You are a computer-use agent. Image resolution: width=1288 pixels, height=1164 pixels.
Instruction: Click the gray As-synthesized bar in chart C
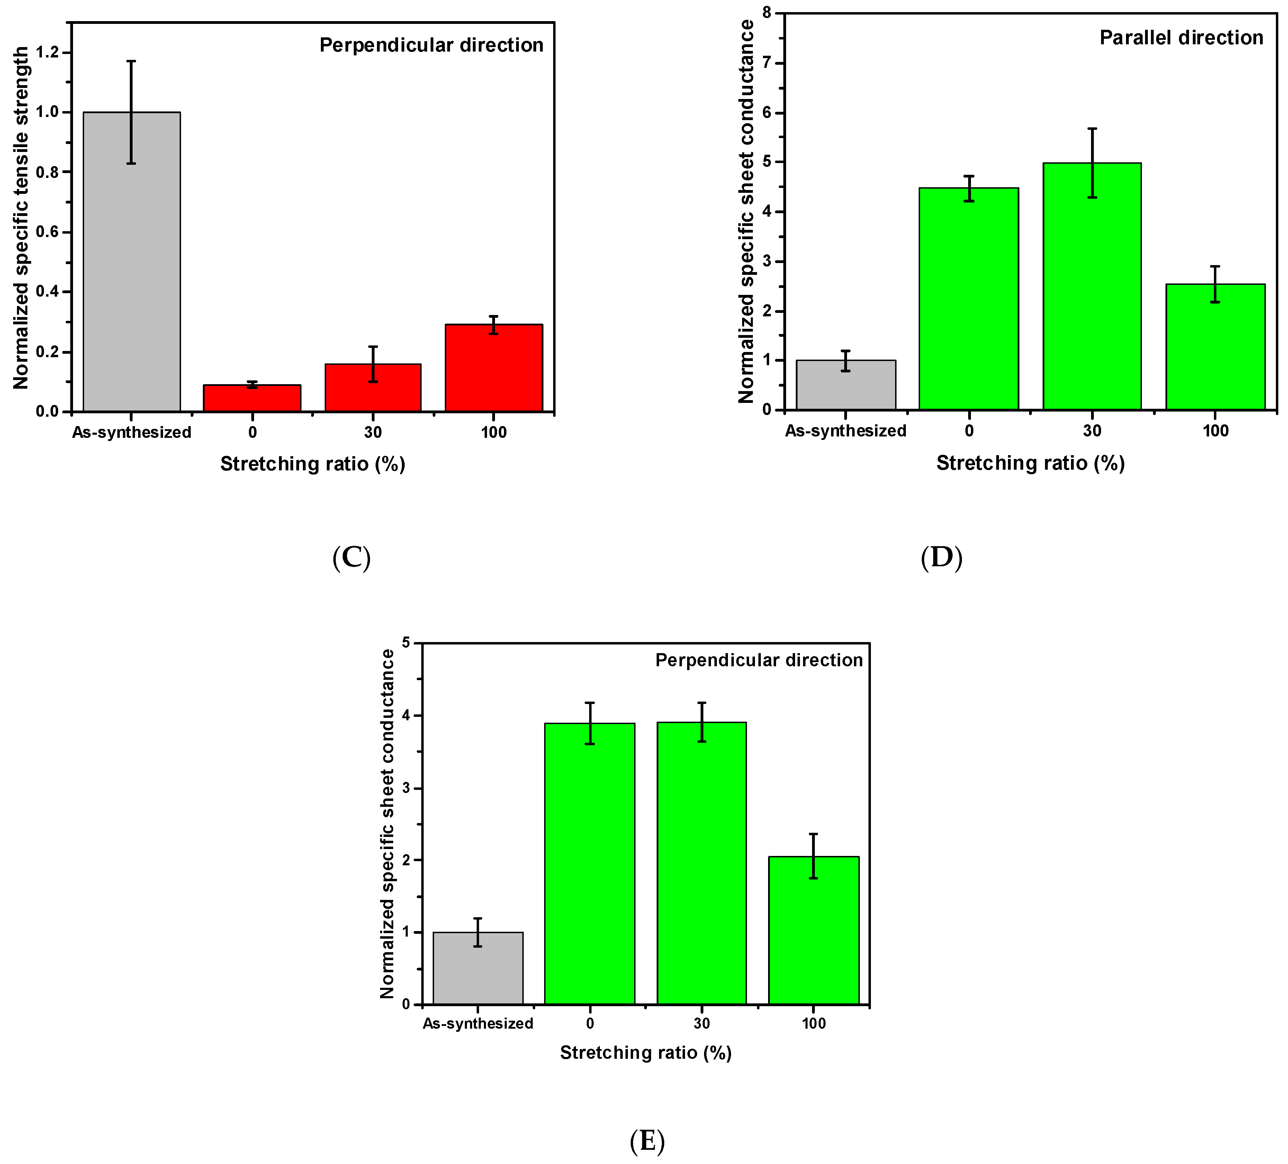pyautogui.click(x=132, y=262)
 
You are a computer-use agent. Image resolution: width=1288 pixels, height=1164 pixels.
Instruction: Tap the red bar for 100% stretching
pyautogui.click(x=494, y=368)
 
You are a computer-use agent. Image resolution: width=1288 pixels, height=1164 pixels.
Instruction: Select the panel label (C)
pyautogui.click(x=351, y=558)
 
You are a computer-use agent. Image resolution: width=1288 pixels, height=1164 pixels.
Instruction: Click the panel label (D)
pyautogui.click(x=941, y=558)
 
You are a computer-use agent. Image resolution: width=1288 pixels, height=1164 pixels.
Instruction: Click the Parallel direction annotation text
pyautogui.click(x=1181, y=38)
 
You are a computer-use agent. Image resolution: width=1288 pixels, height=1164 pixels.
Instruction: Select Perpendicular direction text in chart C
pyautogui.click(x=431, y=45)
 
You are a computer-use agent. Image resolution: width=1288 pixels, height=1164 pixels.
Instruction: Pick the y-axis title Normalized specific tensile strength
pyautogui.click(x=21, y=217)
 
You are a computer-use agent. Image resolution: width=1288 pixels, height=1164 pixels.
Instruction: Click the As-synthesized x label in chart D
pyautogui.click(x=845, y=431)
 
